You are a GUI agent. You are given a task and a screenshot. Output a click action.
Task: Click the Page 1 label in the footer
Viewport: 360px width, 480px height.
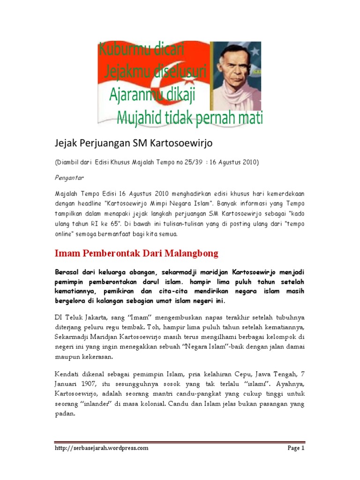point(296,448)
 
